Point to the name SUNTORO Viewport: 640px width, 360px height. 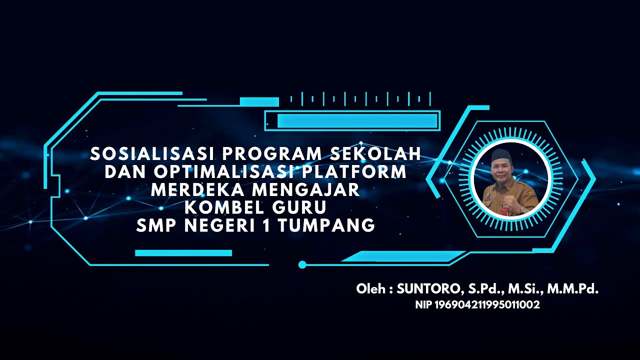[x=428, y=289]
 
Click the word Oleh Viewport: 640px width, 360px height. [x=370, y=289]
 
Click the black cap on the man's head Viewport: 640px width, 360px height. [x=500, y=155]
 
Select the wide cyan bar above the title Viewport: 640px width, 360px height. [x=357, y=120]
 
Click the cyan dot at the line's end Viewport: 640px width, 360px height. [x=302, y=264]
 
